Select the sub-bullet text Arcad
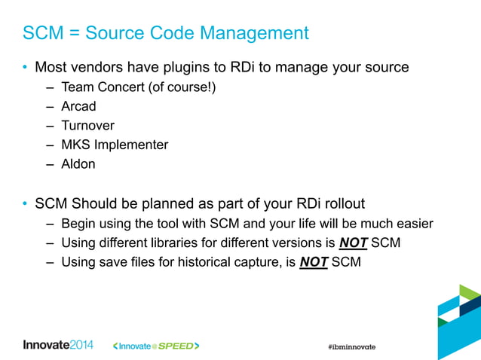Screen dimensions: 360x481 point(78,106)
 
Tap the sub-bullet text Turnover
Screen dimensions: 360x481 point(87,125)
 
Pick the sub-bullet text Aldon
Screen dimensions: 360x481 point(78,163)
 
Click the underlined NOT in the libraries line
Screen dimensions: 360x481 point(354,243)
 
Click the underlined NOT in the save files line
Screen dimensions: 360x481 point(314,262)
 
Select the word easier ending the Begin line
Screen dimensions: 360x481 point(415,224)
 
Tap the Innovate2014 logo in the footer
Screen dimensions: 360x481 point(58,345)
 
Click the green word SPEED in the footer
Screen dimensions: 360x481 point(175,346)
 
